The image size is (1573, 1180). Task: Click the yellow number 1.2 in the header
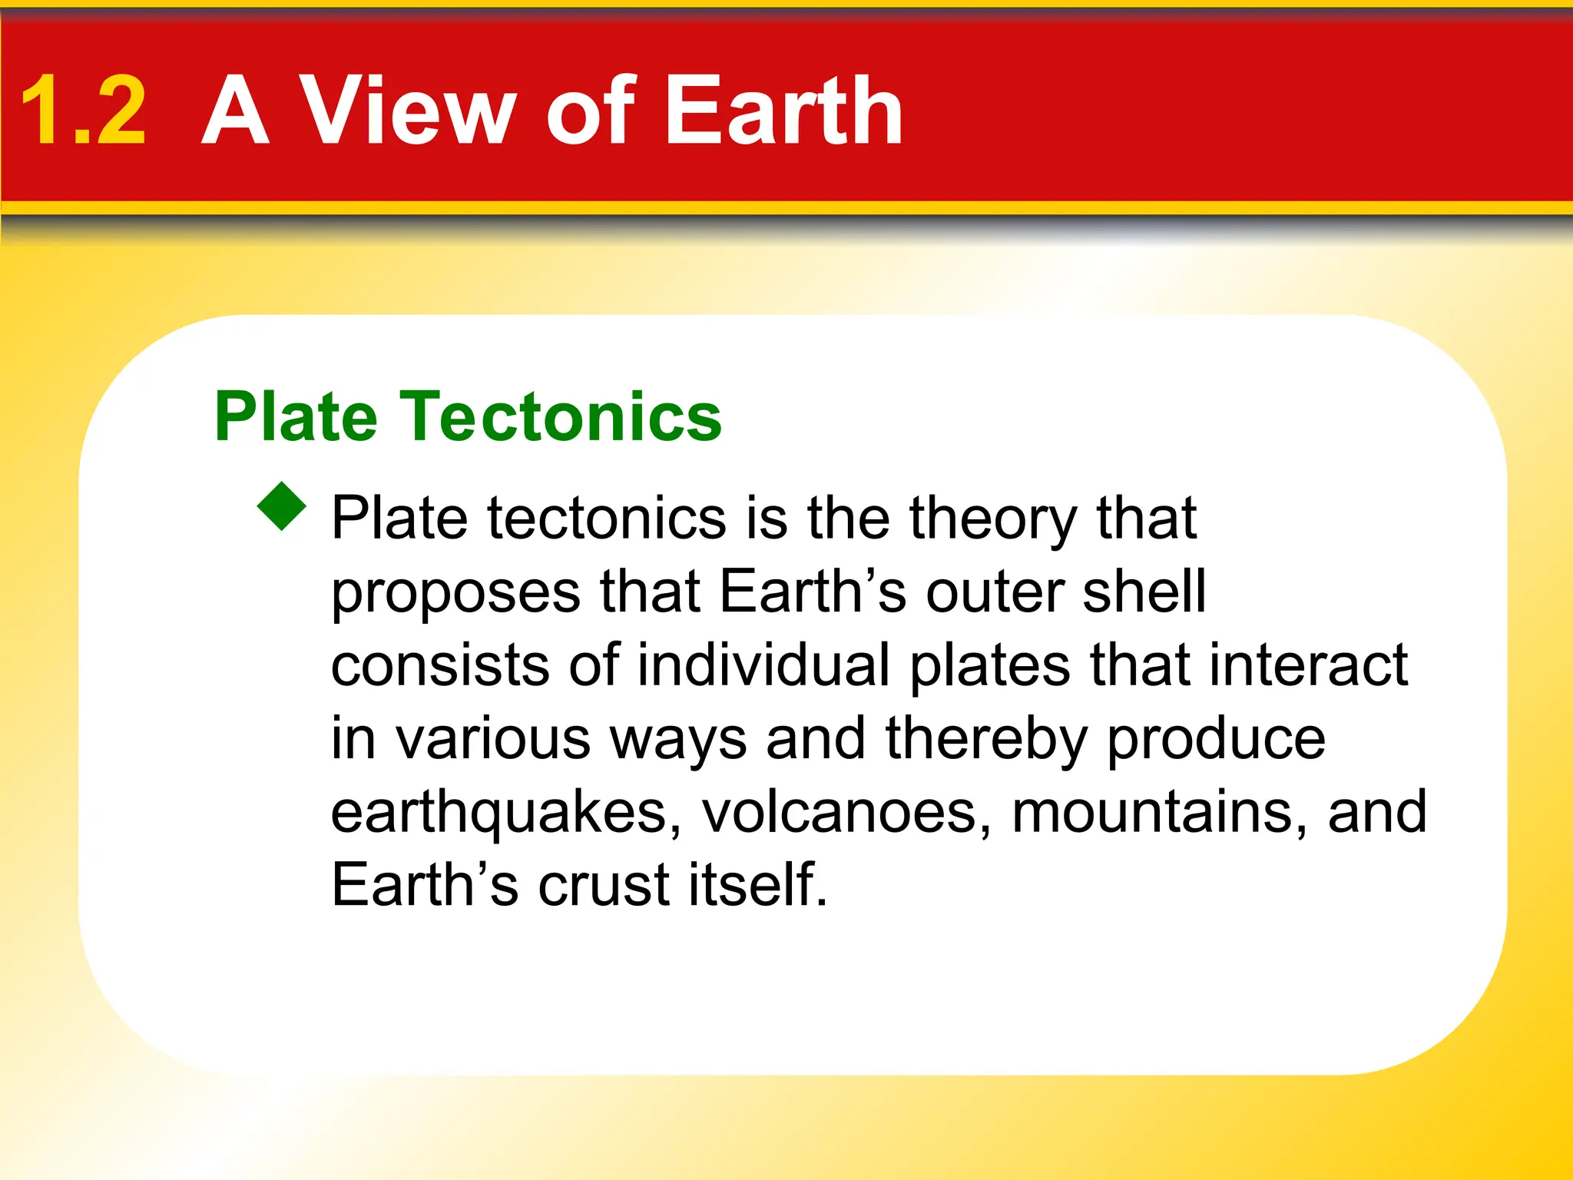(x=83, y=111)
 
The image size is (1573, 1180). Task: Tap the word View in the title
(x=406, y=111)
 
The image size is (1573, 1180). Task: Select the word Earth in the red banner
(x=783, y=111)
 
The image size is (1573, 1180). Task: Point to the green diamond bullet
(x=283, y=506)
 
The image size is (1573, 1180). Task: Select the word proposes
(x=455, y=593)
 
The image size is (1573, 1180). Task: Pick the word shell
(x=1144, y=592)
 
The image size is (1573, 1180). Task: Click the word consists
(x=439, y=665)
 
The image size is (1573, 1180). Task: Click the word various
(x=493, y=739)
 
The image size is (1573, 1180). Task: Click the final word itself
(x=758, y=885)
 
